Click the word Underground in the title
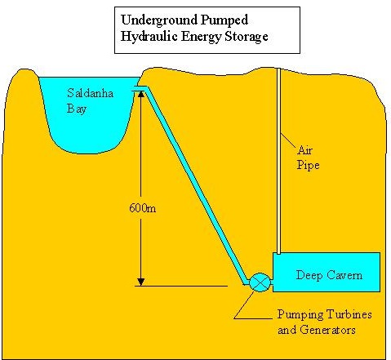(159, 20)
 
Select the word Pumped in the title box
(224, 20)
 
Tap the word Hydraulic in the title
(149, 37)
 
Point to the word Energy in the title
(202, 37)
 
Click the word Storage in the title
(247, 37)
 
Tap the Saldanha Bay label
(90, 101)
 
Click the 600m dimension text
(143, 208)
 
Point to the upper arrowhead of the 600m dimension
(140, 94)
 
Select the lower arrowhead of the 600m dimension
(140, 282)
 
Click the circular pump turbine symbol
(260, 282)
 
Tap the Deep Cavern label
(329, 275)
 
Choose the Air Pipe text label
(308, 158)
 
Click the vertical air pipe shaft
(278, 161)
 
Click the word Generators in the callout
(327, 330)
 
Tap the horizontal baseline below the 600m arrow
(181, 286)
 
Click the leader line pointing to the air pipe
(288, 141)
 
